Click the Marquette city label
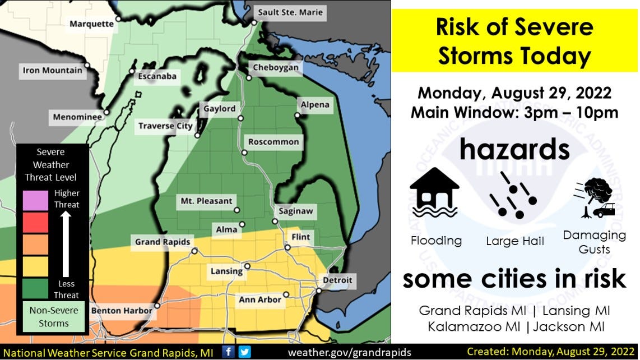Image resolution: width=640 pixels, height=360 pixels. click(x=91, y=24)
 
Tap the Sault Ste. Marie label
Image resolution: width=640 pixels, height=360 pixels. click(x=290, y=12)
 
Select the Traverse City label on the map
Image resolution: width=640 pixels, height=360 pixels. click(x=165, y=126)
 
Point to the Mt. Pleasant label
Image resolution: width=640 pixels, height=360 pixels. click(x=206, y=201)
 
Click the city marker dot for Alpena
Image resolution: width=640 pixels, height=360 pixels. click(x=298, y=116)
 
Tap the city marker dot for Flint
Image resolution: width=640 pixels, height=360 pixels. click(x=287, y=247)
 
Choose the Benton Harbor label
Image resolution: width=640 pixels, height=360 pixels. click(x=122, y=310)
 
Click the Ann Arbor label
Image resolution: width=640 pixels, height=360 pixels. click(x=260, y=300)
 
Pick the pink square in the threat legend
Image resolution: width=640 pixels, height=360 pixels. click(x=35, y=201)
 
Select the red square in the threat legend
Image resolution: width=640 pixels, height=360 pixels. click(x=35, y=223)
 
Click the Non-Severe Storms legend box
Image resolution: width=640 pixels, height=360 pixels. click(x=54, y=317)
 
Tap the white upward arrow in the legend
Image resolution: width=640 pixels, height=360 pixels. click(x=66, y=244)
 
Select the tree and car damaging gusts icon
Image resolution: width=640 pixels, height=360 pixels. click(x=595, y=198)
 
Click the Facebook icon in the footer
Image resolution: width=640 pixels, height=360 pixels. click(x=229, y=352)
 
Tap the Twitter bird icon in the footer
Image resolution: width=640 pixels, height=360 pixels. click(x=244, y=352)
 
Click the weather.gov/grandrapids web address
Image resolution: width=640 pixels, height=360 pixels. click(x=350, y=352)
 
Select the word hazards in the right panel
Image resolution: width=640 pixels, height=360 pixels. click(x=514, y=150)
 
